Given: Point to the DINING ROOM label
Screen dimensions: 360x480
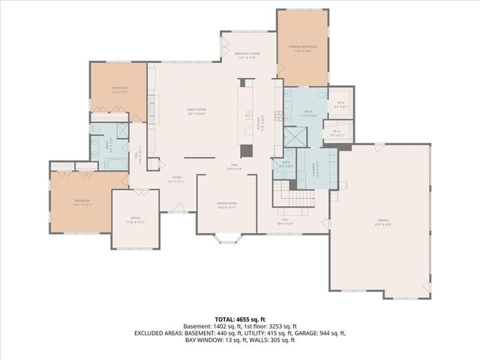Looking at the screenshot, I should [x=226, y=205].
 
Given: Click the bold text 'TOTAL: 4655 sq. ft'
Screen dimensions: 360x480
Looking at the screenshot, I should [x=239, y=319].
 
